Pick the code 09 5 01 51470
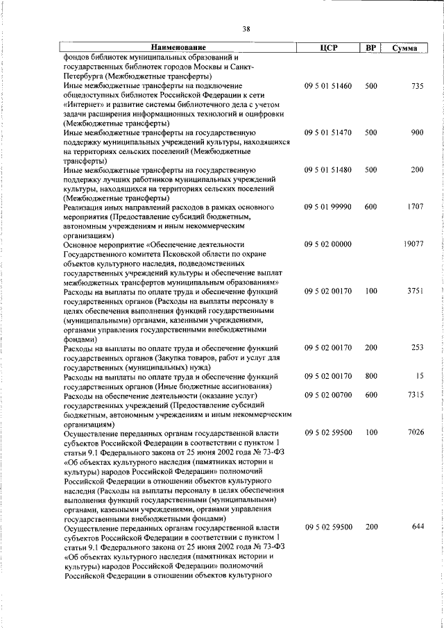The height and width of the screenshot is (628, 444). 328,132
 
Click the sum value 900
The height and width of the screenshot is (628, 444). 417,132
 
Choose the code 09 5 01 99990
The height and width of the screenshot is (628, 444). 328,207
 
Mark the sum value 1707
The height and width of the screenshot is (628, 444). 415,207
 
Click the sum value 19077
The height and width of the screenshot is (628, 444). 413,245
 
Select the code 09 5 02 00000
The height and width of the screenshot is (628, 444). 328,245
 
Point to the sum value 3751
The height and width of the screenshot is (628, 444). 415,291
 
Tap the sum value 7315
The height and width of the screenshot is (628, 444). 415,395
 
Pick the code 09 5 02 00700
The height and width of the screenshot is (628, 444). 328,395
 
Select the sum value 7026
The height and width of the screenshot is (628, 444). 415,433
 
